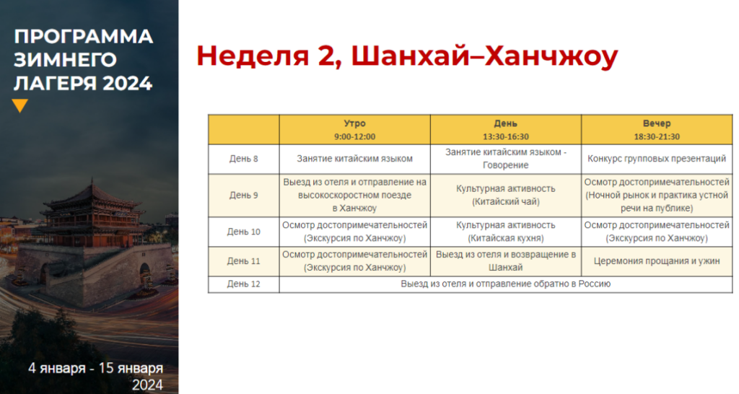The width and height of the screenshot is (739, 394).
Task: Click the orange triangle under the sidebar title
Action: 19,105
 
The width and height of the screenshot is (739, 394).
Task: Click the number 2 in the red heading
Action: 325,56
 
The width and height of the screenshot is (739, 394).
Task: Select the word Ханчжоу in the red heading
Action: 551,56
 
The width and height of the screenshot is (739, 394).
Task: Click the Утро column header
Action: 354,123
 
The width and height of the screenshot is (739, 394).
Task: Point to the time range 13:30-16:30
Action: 506,136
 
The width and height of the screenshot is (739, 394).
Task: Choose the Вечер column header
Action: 657,123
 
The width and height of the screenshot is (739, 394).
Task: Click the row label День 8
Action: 244,159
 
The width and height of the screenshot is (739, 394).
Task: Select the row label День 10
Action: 244,232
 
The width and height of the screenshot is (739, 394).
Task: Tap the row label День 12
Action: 244,284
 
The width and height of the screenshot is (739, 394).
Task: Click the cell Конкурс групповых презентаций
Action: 657,159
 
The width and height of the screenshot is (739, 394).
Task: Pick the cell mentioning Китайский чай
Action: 506,195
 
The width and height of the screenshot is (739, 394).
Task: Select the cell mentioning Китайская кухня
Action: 506,232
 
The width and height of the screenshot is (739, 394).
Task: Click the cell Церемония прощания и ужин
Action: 657,261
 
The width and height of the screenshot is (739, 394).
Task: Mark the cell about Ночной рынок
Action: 657,195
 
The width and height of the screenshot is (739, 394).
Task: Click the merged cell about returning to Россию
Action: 506,284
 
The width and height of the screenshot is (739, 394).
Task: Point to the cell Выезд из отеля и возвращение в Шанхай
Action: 506,261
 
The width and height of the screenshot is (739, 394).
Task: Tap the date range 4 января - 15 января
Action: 96,368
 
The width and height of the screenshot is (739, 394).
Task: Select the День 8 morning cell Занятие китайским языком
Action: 354,159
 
